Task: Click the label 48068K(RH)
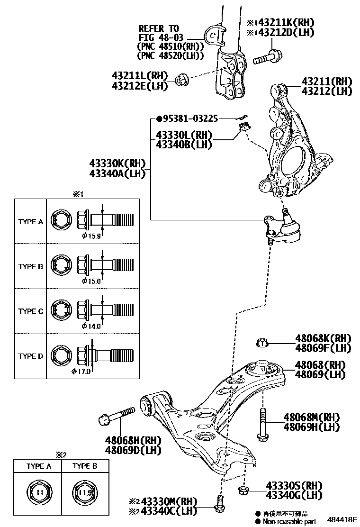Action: tap(324, 338)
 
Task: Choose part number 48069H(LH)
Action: tap(312, 427)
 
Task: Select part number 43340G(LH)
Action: tap(294, 496)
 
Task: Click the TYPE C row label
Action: tap(31, 311)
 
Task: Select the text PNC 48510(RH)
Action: tap(170, 46)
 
